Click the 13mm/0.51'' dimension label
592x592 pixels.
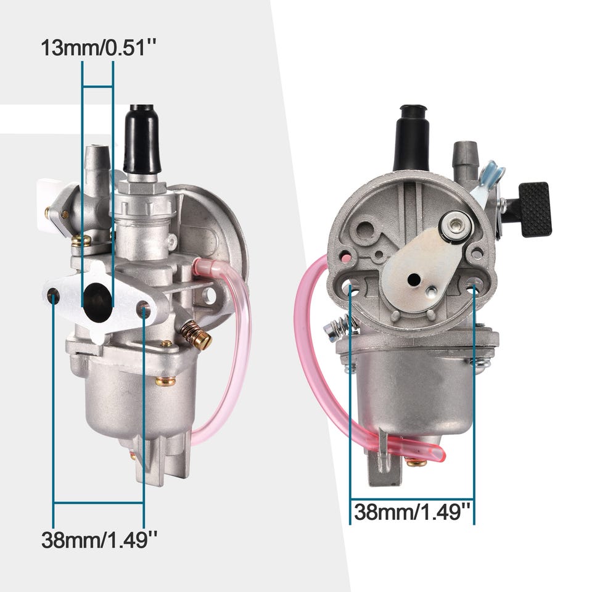point(98,48)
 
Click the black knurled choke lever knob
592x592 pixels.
point(535,209)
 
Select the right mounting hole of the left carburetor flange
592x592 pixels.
point(144,310)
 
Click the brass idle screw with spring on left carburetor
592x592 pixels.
point(196,334)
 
